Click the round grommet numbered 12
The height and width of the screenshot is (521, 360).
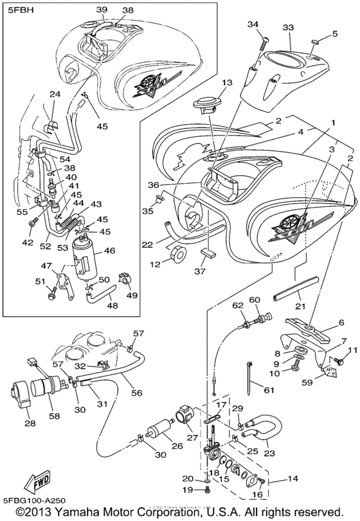tap(177, 254)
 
